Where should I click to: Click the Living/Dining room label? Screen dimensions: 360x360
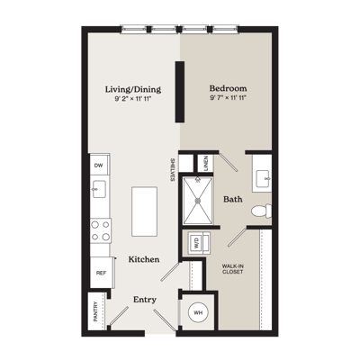pos(133,89)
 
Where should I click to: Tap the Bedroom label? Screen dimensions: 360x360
pos(228,88)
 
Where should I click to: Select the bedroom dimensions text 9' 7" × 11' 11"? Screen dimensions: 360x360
pos(228,98)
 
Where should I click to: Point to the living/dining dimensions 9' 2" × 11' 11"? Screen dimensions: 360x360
pos(133,99)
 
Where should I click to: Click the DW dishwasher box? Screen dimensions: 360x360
pos(100,165)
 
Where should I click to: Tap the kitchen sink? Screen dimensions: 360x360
pos(99,189)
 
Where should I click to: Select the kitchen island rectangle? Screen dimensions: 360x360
pos(144,211)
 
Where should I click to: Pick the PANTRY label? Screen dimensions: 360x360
pos(95,311)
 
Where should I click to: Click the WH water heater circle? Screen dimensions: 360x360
pos(198,312)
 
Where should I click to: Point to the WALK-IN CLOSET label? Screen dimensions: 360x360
pos(232,269)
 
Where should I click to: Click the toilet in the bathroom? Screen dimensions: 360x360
pos(261,211)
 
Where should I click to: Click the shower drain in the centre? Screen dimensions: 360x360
pos(198,201)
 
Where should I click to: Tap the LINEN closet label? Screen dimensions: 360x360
pos(206,163)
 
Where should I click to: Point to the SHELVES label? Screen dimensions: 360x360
pos(173,170)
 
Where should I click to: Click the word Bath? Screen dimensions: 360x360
pos(233,199)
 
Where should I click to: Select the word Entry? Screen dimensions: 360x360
pos(145,300)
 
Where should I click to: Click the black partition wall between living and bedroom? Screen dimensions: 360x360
pos(180,92)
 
